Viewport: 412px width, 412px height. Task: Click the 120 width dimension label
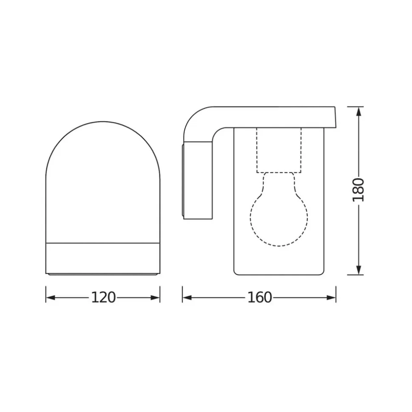click(x=103, y=297)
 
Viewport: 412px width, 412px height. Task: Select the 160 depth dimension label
click(x=260, y=297)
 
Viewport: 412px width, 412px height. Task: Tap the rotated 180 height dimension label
click(x=358, y=190)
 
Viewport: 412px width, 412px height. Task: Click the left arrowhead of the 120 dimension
click(x=51, y=298)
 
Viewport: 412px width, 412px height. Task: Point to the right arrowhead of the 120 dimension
click(x=155, y=298)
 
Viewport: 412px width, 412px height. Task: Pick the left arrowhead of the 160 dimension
click(x=187, y=298)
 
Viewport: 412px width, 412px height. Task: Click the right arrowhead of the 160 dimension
click(x=331, y=298)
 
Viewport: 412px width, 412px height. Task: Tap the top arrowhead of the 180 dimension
click(x=358, y=112)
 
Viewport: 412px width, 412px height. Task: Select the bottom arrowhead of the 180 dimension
click(x=358, y=270)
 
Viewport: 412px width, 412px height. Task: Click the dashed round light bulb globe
click(x=279, y=246)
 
